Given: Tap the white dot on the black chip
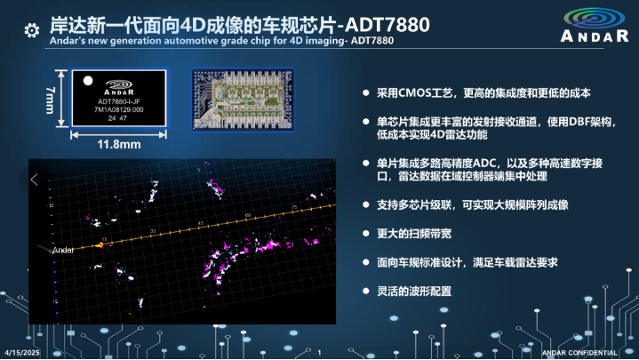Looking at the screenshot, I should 87,80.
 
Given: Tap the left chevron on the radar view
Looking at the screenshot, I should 35,180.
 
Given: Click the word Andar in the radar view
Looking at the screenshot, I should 63,251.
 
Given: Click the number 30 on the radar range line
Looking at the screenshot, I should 153,231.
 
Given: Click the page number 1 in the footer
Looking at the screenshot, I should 318,353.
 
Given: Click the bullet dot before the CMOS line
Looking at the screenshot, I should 365,93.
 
